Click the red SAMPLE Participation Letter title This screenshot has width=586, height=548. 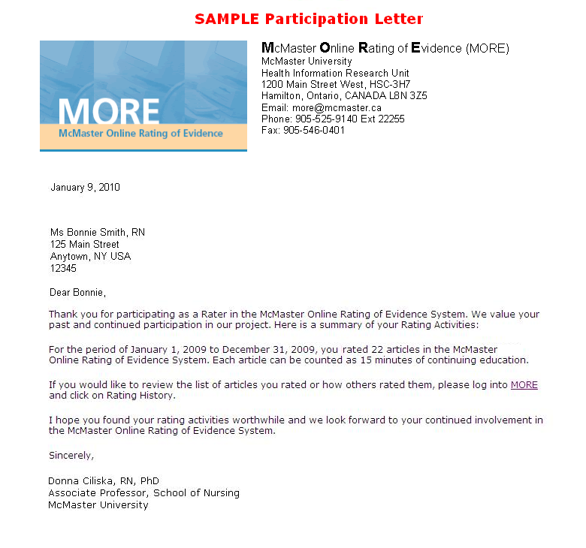coord(308,19)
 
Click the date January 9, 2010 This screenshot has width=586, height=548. coord(85,188)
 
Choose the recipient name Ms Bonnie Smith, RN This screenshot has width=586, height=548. coord(98,233)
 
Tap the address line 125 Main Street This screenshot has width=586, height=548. coord(85,245)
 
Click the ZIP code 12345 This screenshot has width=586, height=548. coord(63,268)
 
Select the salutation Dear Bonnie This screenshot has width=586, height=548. coord(78,292)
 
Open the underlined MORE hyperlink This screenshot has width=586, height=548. coord(524,385)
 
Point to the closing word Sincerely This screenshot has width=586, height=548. coord(72,456)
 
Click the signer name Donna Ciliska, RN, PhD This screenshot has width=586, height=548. coord(104,481)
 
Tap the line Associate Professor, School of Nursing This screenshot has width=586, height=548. coord(144,493)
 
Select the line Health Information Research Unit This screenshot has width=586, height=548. coord(335,74)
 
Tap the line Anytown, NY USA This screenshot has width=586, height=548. coord(90,257)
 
